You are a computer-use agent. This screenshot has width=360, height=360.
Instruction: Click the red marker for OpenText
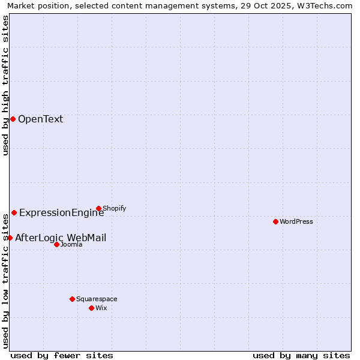pyautogui.click(x=13, y=119)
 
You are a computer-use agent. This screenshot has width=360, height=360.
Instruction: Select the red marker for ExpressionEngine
pyautogui.click(x=14, y=212)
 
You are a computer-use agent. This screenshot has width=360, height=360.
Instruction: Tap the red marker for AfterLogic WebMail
pyautogui.click(x=10, y=238)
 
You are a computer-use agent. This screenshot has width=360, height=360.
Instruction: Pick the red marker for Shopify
pyautogui.click(x=98, y=208)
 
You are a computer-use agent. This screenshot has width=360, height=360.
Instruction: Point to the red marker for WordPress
pyautogui.click(x=275, y=221)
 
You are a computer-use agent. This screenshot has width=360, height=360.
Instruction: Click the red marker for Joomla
pyautogui.click(x=56, y=244)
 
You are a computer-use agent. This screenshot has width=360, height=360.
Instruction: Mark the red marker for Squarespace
pyautogui.click(x=72, y=299)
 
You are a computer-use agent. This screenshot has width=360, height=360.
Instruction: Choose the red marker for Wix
pyautogui.click(x=91, y=308)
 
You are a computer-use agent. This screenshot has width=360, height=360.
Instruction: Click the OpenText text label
pyautogui.click(x=40, y=119)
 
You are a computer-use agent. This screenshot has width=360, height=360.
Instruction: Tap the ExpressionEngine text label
pyautogui.click(x=61, y=212)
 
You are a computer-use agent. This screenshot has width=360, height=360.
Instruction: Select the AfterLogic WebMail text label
pyautogui.click(x=61, y=238)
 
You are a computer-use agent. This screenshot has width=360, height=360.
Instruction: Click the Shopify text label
pyautogui.click(x=114, y=208)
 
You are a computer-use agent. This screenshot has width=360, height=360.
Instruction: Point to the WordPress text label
pyautogui.click(x=296, y=221)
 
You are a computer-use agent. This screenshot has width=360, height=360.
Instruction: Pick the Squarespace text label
pyautogui.click(x=97, y=299)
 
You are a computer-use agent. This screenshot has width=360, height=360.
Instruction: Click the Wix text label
pyautogui.click(x=101, y=308)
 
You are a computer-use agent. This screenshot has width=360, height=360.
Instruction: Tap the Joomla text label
pyautogui.click(x=71, y=244)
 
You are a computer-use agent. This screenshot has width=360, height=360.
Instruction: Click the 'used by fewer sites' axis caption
pyautogui.click(x=62, y=355)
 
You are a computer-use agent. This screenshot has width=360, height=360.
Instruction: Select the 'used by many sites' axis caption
pyautogui.click(x=301, y=355)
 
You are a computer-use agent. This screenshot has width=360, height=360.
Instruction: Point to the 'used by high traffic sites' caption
pyautogui.click(x=5, y=85)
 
